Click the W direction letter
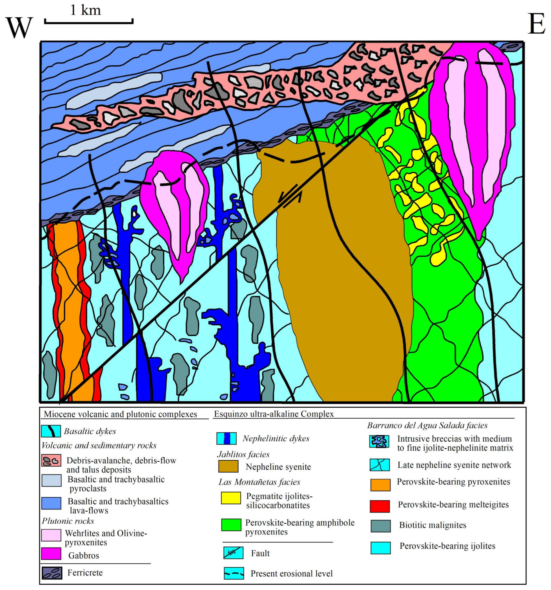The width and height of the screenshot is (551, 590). [19, 27]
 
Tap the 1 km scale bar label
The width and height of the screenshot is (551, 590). [85, 11]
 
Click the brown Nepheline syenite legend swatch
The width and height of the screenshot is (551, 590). [228, 466]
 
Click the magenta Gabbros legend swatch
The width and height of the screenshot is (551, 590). [51, 554]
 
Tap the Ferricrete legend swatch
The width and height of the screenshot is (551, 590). [52, 573]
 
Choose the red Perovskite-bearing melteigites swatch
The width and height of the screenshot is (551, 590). [380, 506]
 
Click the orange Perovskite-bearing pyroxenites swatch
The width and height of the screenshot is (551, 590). [380, 485]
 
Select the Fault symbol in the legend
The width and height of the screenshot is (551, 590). [233, 553]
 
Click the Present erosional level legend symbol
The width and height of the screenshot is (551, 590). [234, 573]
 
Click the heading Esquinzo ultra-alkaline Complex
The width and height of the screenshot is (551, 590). [274, 414]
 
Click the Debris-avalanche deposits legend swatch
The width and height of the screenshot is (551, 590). [51, 460]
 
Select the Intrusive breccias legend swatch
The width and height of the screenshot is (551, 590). [379, 442]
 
